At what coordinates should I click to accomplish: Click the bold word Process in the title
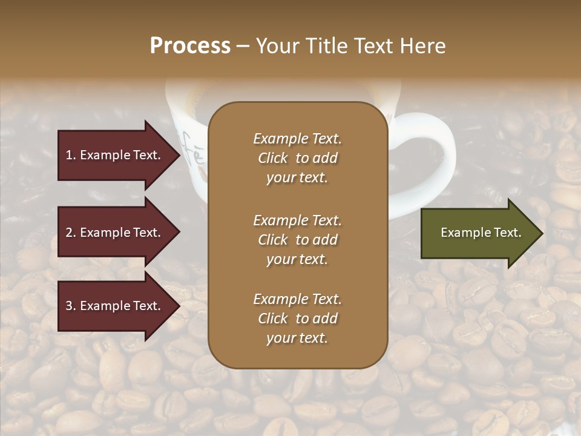[190, 46]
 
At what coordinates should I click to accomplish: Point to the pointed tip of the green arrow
[541, 233]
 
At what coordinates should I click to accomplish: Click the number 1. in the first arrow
[71, 155]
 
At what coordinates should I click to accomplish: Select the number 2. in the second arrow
[71, 233]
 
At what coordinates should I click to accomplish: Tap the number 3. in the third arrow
[71, 306]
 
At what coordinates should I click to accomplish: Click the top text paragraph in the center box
[297, 158]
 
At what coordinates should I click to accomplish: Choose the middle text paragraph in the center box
[297, 240]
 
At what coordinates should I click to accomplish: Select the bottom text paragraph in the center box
[297, 319]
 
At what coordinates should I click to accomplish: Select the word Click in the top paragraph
[272, 158]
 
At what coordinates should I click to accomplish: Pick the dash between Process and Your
[243, 47]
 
